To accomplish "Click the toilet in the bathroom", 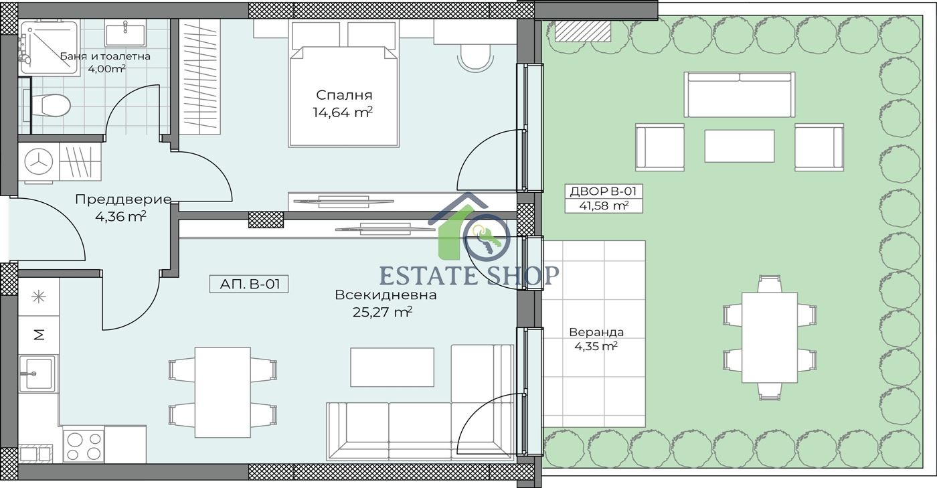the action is coord(50,105).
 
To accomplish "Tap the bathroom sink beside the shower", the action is coord(126,34).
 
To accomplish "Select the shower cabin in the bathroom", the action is coord(49,48).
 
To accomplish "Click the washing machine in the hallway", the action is coord(39,163).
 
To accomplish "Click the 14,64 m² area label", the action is coord(343,112).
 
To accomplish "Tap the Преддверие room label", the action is coord(123,199).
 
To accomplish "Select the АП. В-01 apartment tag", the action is coord(249,284).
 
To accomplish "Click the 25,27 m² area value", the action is coord(382,312).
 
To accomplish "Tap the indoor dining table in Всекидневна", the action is coord(222,392).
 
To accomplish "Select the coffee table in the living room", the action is coord(392,367).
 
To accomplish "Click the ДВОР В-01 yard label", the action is coord(603,191).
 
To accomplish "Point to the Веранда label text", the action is coord(596,332).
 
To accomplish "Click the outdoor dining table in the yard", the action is coord(769,337).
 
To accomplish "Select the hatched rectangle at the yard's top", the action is coord(583,31).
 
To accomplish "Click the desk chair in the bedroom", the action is coord(475,58).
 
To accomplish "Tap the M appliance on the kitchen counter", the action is coord(39,335).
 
